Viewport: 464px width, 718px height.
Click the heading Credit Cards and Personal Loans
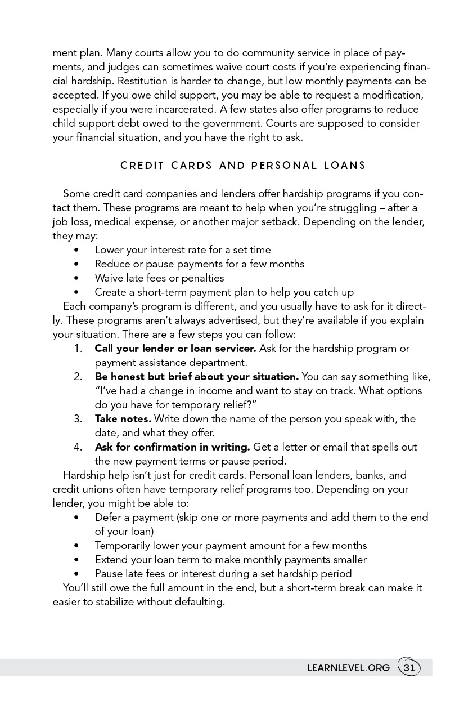(x=243, y=166)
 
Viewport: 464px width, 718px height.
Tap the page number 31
(x=409, y=668)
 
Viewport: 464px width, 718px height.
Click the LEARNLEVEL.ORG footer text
(x=348, y=668)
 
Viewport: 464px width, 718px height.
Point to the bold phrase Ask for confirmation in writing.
(x=172, y=447)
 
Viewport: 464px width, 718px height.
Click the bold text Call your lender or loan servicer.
(x=175, y=349)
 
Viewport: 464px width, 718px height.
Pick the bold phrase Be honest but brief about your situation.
(x=196, y=377)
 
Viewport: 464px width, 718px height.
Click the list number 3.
(x=78, y=419)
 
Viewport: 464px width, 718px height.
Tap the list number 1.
(x=78, y=349)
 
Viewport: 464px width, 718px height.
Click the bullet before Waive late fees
(x=76, y=278)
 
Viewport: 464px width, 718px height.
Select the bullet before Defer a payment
(x=76, y=518)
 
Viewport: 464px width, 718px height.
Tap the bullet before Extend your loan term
(x=76, y=560)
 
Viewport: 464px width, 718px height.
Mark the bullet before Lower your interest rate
(x=76, y=250)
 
